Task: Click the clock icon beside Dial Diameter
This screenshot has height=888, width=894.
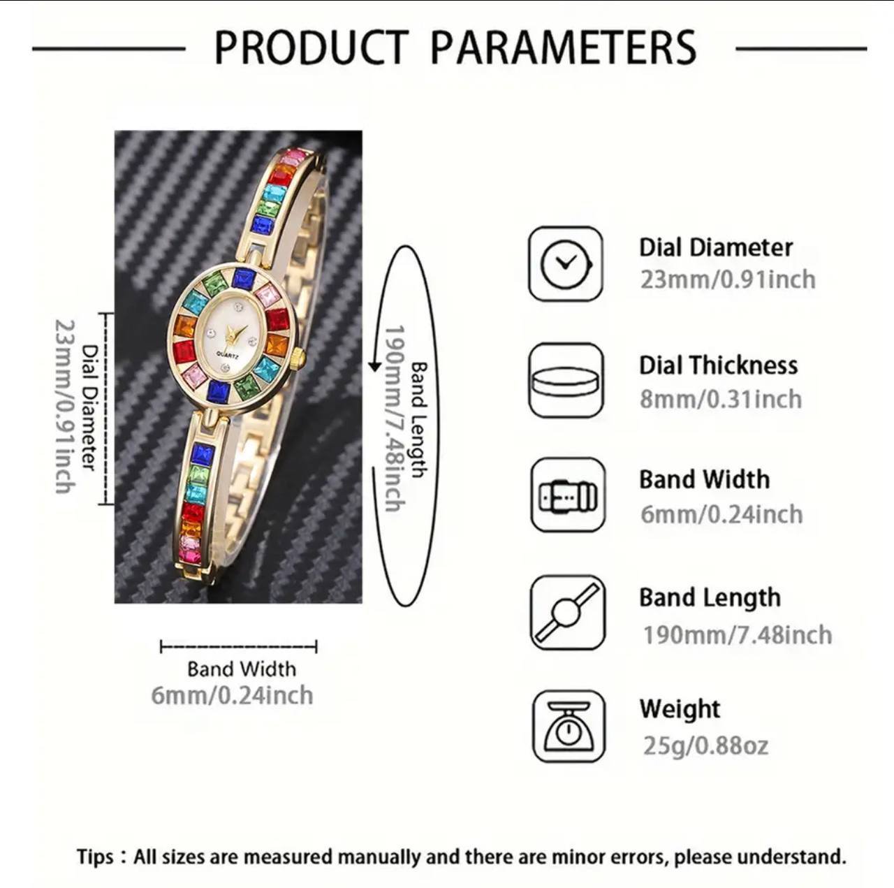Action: [x=566, y=263]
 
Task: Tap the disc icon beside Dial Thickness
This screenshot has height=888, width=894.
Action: [x=566, y=380]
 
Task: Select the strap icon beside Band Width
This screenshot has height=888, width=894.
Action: [x=568, y=495]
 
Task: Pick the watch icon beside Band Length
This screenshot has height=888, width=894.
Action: [x=568, y=612]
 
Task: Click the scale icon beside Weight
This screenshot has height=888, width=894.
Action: [x=569, y=727]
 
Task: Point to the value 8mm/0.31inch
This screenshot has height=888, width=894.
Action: [x=721, y=399]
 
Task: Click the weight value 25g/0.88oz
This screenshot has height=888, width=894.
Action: [x=705, y=746]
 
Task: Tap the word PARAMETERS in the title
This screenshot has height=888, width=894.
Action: [x=564, y=48]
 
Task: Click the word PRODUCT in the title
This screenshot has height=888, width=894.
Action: [x=312, y=48]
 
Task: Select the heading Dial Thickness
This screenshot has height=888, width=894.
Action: [x=718, y=365]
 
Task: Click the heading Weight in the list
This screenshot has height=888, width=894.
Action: [x=680, y=709]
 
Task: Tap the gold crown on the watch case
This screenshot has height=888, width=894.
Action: [x=300, y=360]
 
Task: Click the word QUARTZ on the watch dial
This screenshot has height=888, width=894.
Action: [x=227, y=355]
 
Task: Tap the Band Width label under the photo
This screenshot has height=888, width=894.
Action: [x=241, y=669]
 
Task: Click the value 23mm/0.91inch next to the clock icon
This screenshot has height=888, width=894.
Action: [x=728, y=280]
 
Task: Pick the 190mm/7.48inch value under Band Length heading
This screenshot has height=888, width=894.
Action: [x=737, y=635]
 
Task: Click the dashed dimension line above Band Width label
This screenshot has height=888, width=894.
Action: [x=238, y=646]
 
